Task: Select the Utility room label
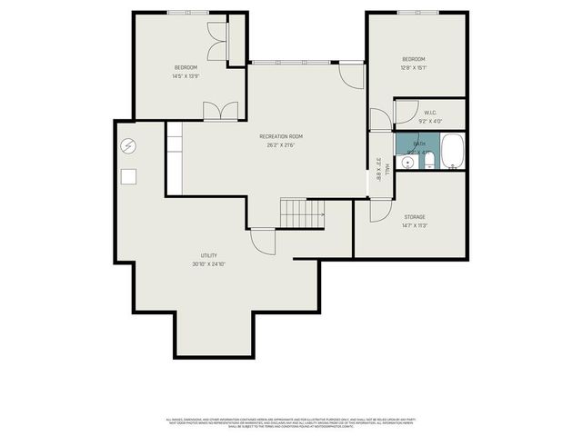click(x=209, y=255)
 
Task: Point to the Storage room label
click(x=415, y=216)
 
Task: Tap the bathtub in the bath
click(x=452, y=153)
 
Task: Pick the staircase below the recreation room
click(x=301, y=214)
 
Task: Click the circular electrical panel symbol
click(x=128, y=145)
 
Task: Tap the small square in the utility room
click(x=129, y=177)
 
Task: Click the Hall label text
click(x=386, y=169)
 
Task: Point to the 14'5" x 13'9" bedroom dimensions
click(x=186, y=76)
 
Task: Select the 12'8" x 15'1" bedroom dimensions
click(x=415, y=67)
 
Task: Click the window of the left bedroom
click(x=188, y=13)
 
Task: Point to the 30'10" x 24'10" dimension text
click(x=209, y=264)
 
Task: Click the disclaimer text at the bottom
click(x=291, y=422)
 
